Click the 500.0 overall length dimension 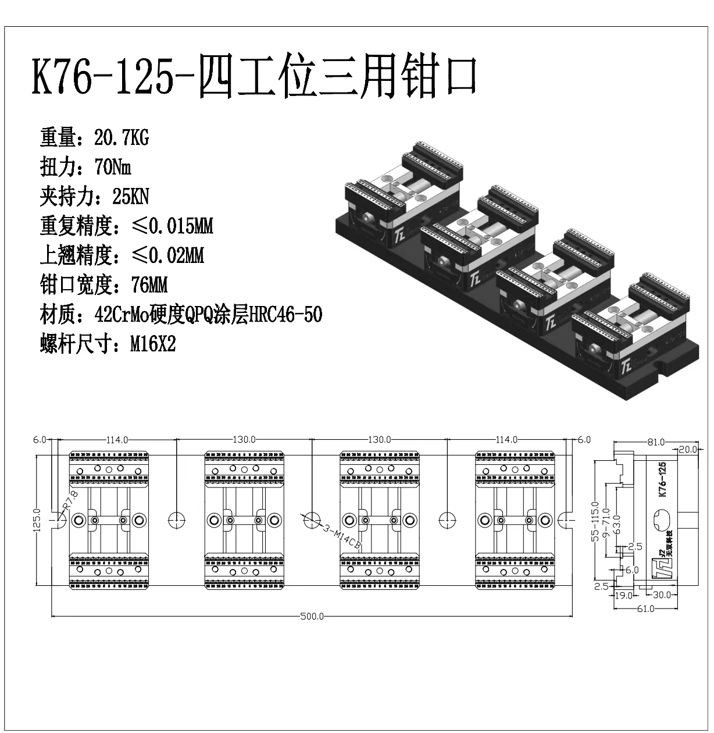point(312,616)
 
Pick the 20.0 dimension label point(688,450)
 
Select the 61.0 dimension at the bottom point(646,609)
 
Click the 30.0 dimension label point(662,595)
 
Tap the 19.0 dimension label point(623,595)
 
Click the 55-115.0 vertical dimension point(594,522)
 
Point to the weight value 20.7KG point(122,138)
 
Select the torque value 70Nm point(112,168)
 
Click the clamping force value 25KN point(131,197)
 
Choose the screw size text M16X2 point(152,344)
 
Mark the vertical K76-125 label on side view point(661,479)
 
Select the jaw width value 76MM point(149,285)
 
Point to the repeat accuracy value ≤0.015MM point(172,226)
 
